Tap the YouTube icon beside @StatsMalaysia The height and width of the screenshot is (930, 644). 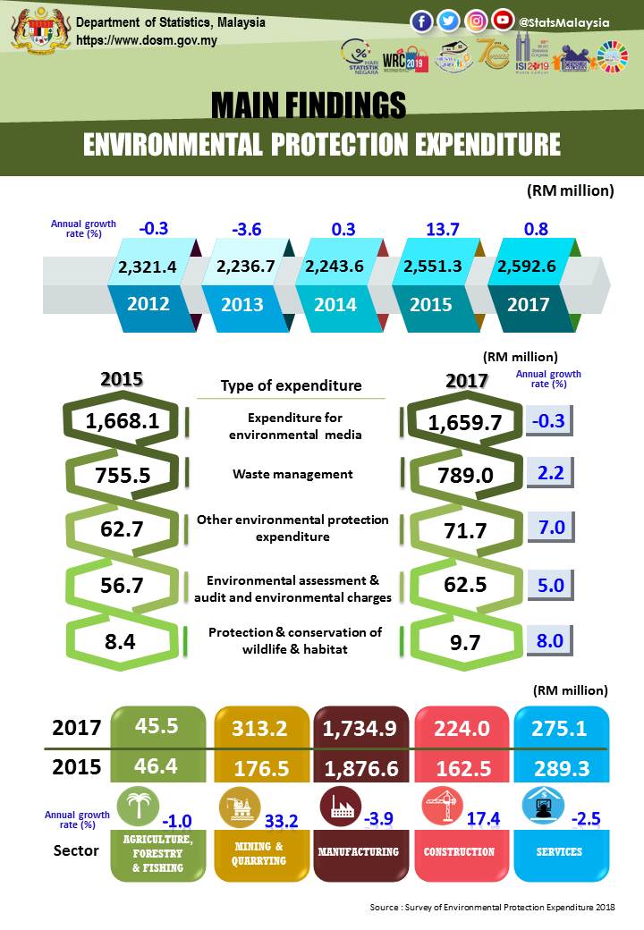503,21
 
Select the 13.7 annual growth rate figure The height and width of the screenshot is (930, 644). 442,229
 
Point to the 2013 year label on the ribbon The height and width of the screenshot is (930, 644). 241,304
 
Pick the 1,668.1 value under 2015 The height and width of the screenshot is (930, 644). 123,419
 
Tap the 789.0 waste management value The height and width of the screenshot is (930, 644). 460,475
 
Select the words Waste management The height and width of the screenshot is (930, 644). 292,474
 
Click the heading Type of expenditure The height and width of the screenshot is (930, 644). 291,386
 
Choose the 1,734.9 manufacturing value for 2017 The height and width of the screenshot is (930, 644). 361,729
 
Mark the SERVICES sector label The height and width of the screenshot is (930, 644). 560,852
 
